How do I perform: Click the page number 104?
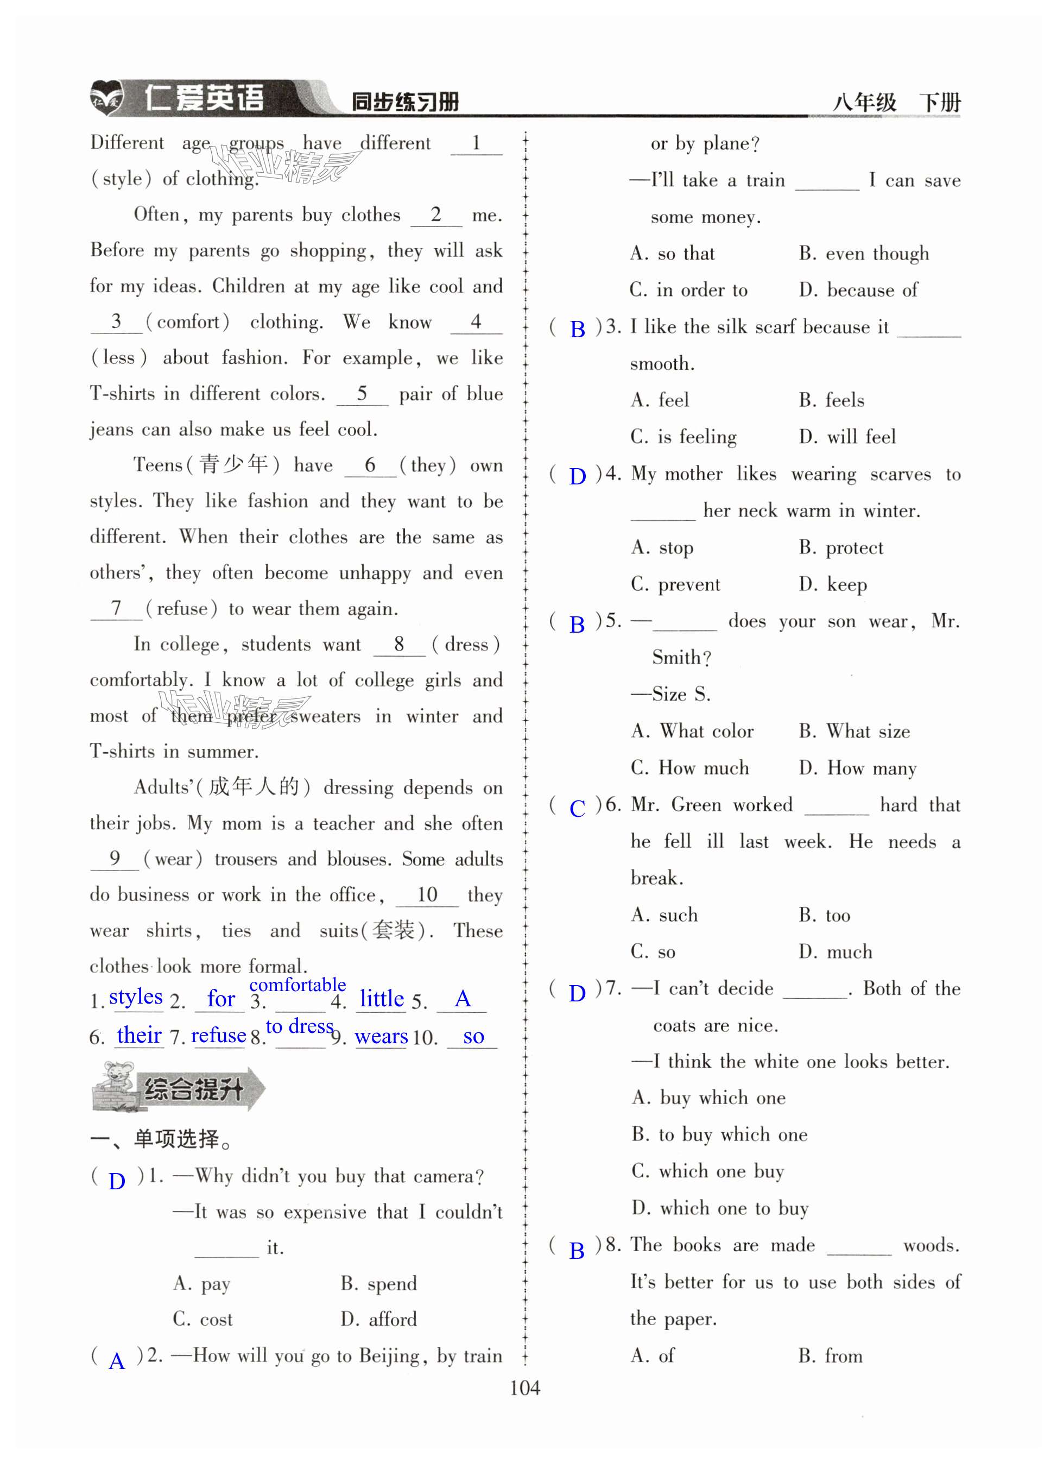pyautogui.click(x=524, y=1388)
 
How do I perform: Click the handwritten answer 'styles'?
pyautogui.click(x=135, y=997)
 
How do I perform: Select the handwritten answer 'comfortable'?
pyautogui.click(x=298, y=985)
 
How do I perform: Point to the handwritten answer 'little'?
pyautogui.click(x=381, y=999)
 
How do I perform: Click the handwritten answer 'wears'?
pyautogui.click(x=381, y=1037)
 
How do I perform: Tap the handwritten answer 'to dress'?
pyautogui.click(x=299, y=1026)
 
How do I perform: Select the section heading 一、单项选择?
pyautogui.click(x=161, y=1139)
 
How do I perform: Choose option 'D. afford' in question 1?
pyautogui.click(x=378, y=1319)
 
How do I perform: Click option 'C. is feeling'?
pyautogui.click(x=683, y=437)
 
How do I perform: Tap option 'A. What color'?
pyautogui.click(x=692, y=731)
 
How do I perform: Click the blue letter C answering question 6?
pyautogui.click(x=577, y=808)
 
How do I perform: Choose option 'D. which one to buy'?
pyautogui.click(x=720, y=1208)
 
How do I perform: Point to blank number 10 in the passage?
pyautogui.click(x=427, y=895)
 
